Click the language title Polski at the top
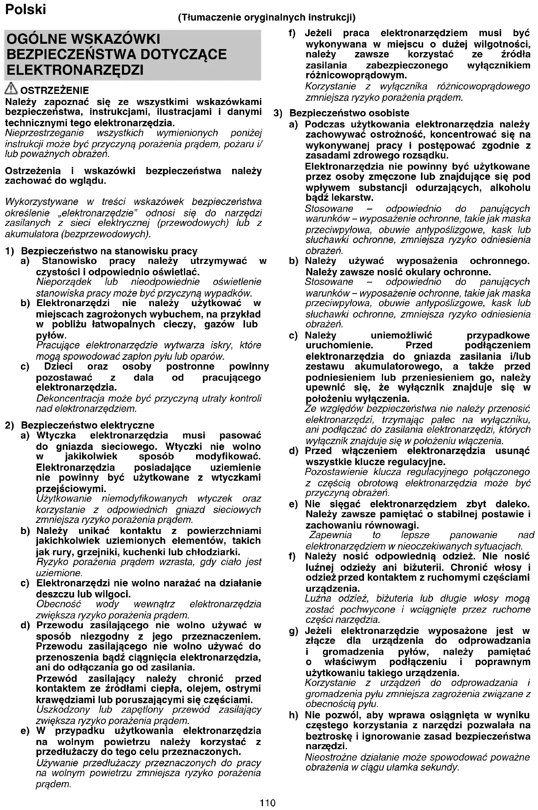[25, 9]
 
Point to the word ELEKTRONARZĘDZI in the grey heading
[75, 70]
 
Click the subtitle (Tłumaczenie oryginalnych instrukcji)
[267, 17]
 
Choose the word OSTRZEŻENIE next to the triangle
[54, 91]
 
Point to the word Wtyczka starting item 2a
[56, 435]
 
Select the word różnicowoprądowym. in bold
[356, 75]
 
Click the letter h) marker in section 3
[293, 715]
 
